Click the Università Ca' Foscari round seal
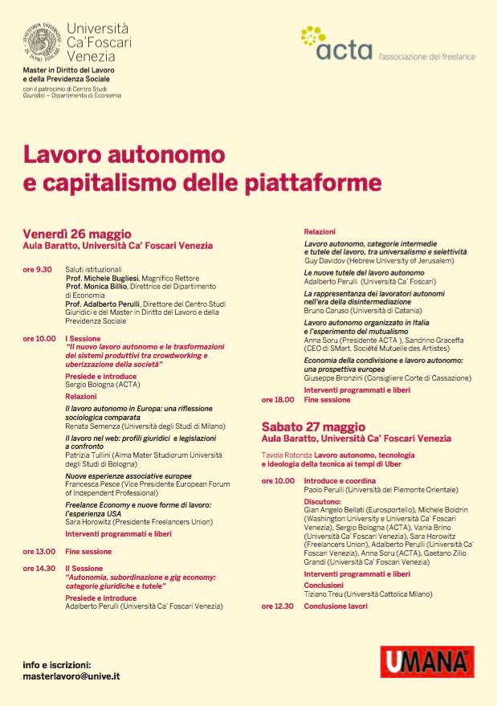point(41,41)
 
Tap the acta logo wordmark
point(344,51)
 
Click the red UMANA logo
point(426,661)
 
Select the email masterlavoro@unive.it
point(71,677)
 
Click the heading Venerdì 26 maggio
point(76,235)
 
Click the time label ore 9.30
point(38,269)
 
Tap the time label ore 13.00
point(39,551)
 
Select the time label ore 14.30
point(39,568)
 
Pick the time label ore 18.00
point(277,399)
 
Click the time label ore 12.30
point(278,606)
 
